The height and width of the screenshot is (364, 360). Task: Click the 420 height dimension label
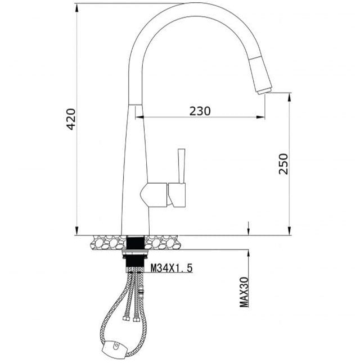tap(71, 119)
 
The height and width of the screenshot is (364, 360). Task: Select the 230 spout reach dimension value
tap(200, 111)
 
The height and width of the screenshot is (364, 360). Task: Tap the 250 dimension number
tap(283, 163)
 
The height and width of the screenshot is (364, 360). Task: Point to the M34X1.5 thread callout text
tap(172, 269)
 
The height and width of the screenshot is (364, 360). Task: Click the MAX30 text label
tap(244, 292)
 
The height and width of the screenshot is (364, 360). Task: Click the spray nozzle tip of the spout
tap(264, 90)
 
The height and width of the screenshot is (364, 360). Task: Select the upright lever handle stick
tap(181, 166)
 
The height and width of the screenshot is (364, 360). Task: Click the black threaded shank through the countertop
tap(135, 243)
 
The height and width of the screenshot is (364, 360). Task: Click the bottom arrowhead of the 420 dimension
tap(76, 231)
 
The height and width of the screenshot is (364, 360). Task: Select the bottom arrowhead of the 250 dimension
tap(289, 231)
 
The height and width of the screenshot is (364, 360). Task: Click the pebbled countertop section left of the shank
tap(106, 243)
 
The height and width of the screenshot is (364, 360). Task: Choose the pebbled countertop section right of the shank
tap(163, 243)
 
